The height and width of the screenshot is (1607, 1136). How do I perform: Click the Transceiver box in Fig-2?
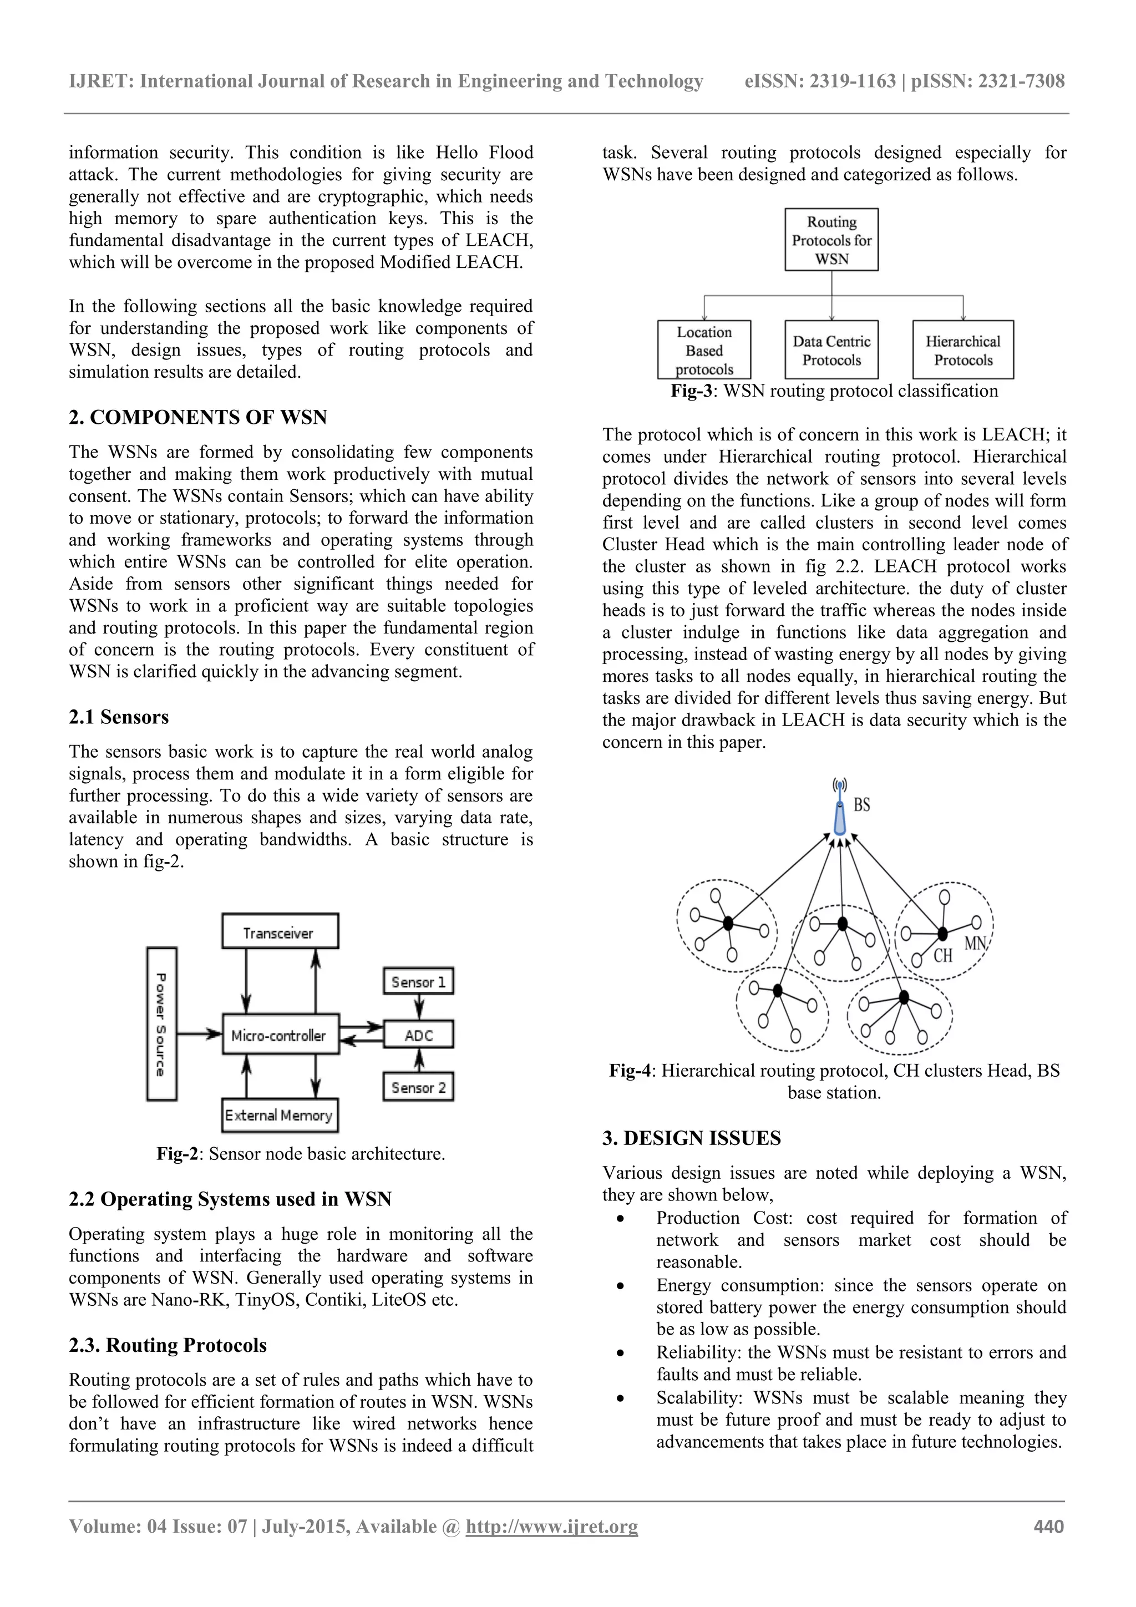coord(280,931)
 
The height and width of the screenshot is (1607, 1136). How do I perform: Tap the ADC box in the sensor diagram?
coord(419,1035)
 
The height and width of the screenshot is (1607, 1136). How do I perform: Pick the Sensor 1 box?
coord(419,982)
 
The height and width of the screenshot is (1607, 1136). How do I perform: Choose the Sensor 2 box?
coord(419,1088)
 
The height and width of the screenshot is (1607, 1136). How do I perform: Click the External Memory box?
coord(279,1116)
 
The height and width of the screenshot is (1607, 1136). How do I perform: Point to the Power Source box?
coord(161,1024)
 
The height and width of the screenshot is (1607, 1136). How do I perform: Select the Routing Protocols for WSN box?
coord(831,240)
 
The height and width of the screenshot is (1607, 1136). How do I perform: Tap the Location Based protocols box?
coord(704,351)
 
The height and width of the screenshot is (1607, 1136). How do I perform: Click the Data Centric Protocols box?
coord(831,351)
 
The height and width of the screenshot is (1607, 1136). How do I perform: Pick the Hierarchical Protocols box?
coord(963,351)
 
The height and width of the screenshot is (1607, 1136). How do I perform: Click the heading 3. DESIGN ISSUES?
coord(692,1138)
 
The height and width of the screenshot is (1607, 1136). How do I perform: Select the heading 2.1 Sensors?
coord(119,717)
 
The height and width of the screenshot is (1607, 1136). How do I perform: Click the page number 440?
coord(1048,1527)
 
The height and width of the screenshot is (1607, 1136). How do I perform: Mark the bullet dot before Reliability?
coord(620,1353)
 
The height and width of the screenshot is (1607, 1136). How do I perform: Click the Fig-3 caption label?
coord(691,391)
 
